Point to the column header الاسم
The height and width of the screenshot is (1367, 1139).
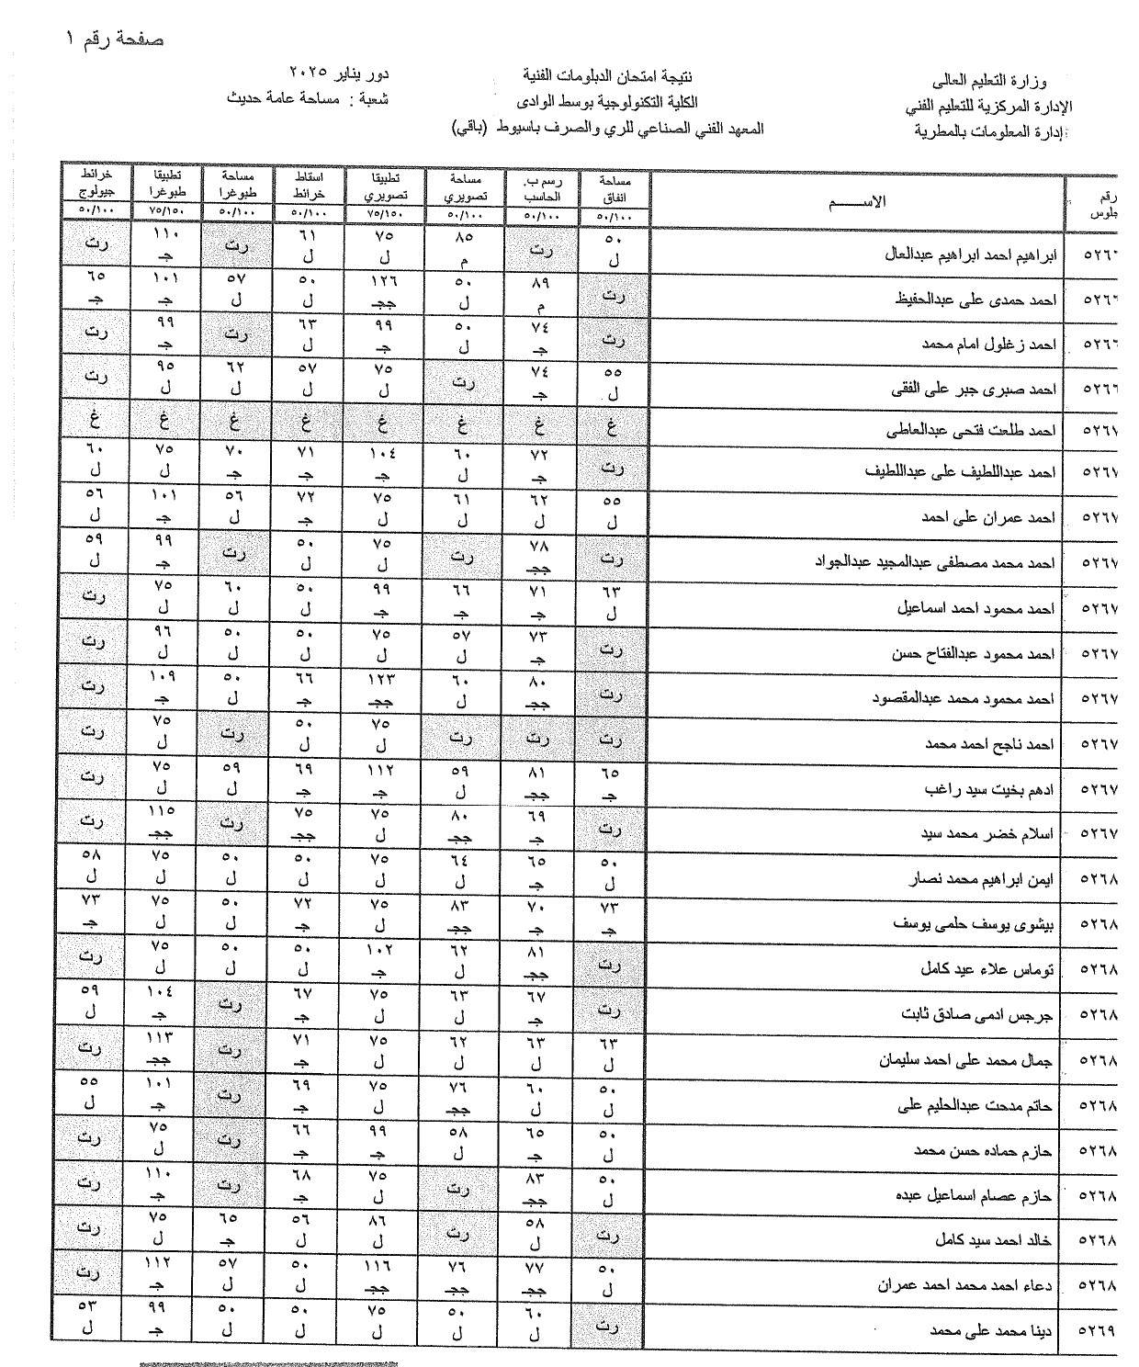[858, 201]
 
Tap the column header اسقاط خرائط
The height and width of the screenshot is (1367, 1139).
[308, 183]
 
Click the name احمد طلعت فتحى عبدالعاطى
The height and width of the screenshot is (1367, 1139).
[972, 429]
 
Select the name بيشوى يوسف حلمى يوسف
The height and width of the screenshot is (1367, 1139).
[975, 924]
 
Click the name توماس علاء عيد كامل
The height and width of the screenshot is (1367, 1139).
[987, 969]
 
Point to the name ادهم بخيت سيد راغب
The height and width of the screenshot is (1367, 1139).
[990, 789]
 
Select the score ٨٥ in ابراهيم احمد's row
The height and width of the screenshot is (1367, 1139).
[463, 234]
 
